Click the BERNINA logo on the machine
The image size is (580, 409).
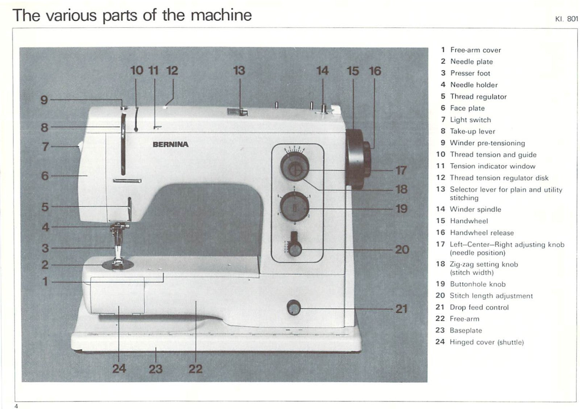[x=170, y=144]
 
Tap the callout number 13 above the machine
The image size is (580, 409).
[x=239, y=70]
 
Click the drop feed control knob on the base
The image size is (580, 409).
[x=294, y=308]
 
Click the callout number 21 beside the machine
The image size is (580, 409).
[x=401, y=309]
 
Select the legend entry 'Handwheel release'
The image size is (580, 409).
[x=481, y=233]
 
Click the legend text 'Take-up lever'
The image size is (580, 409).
[x=472, y=131]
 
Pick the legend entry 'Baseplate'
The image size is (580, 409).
[x=465, y=330]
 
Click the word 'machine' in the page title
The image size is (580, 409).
[x=221, y=15]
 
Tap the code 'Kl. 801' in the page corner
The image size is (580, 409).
[x=566, y=19]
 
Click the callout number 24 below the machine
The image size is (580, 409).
[x=119, y=369]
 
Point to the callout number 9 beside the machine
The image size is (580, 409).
[x=44, y=100]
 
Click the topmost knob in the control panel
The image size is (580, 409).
[x=294, y=167]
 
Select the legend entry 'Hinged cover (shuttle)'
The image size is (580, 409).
[x=486, y=342]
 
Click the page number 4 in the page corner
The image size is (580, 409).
[x=16, y=406]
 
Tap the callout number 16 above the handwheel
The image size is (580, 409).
[x=375, y=71]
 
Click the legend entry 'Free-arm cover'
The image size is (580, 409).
[x=475, y=50]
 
